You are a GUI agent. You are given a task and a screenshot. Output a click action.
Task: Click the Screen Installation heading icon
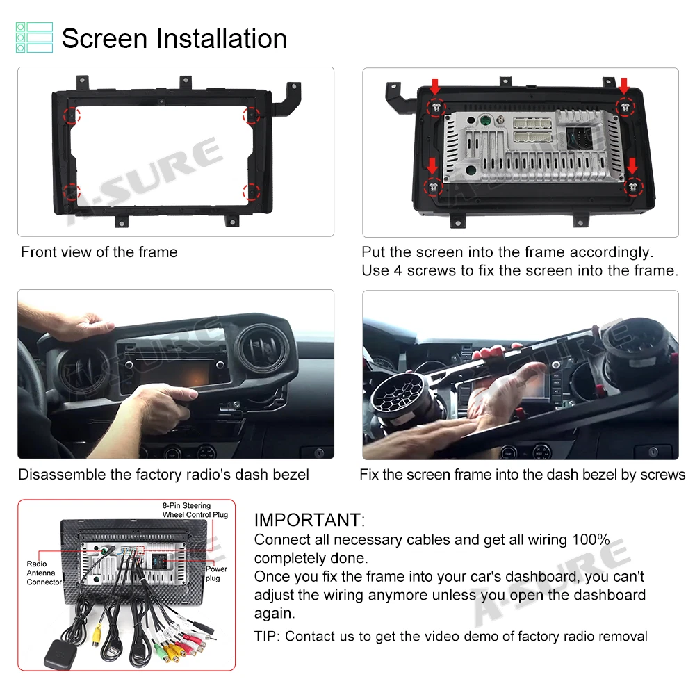[34, 38]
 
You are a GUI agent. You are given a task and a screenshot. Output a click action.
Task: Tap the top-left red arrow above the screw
[435, 86]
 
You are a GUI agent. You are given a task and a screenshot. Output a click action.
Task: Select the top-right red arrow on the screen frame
[625, 86]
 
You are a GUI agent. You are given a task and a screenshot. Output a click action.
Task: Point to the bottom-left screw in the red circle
[433, 187]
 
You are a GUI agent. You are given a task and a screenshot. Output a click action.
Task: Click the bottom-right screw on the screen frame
[633, 187]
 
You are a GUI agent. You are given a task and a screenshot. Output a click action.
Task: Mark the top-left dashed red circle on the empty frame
[72, 115]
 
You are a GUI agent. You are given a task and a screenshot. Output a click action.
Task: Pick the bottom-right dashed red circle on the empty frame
[251, 192]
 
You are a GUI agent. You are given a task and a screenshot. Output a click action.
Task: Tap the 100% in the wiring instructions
[591, 539]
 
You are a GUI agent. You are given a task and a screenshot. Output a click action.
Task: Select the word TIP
[265, 637]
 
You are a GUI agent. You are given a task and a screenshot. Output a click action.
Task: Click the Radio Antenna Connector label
[44, 573]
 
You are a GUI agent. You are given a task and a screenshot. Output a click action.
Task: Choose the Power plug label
[216, 573]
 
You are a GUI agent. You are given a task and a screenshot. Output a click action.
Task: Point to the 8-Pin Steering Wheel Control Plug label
[195, 510]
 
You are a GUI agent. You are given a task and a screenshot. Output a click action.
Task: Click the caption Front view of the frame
[99, 252]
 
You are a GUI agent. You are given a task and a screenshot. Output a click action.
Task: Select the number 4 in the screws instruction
[398, 270]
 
